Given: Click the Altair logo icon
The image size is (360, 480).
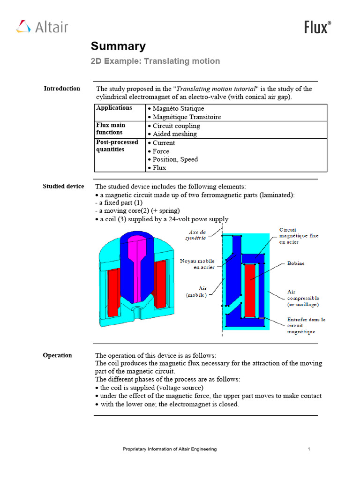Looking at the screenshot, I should pos(23,27).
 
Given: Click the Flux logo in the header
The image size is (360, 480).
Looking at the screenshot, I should pos(317,27).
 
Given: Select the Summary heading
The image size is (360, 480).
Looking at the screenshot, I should pos(118,46).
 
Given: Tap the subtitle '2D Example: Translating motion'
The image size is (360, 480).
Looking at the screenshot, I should pos(155,61).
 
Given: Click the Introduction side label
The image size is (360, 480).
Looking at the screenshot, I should pos(62,89).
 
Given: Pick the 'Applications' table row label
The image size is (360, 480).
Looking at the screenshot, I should pos(114,108).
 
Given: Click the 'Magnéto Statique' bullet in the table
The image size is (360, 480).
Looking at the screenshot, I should pos(175,109).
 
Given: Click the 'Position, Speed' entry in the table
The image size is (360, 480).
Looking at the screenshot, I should pos(172,159).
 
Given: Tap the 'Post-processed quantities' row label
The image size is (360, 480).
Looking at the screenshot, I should pos(117,146).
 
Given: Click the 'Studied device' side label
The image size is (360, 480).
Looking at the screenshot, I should pos(63,187).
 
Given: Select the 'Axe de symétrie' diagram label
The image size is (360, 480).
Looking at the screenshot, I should pos(197,234).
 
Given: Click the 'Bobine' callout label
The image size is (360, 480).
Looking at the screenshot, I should pos(295,263).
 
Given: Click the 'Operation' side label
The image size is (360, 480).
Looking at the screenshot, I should pos(58,355).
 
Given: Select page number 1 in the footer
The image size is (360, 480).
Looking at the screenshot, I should pos(309,449).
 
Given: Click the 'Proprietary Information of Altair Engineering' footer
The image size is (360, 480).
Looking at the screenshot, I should pos(170,449).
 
